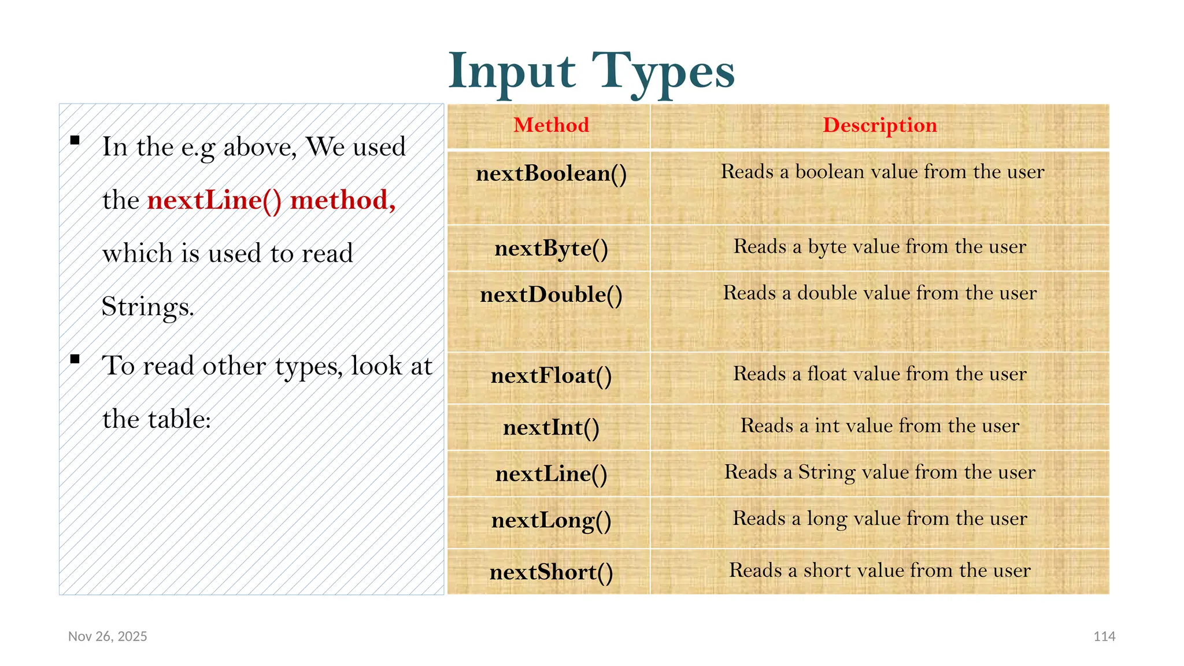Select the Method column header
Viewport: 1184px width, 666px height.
coord(551,125)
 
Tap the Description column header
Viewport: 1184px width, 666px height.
coord(879,125)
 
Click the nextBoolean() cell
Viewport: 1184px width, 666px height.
coord(551,173)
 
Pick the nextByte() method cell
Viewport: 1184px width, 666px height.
coord(551,248)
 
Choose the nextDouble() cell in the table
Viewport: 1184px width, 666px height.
coord(551,294)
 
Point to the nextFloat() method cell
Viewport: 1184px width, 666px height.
coord(551,375)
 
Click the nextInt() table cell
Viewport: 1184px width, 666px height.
coord(551,427)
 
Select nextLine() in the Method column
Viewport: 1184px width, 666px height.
coord(551,473)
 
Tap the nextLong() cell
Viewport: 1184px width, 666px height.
coord(551,520)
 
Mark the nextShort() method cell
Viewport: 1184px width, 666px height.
coord(551,572)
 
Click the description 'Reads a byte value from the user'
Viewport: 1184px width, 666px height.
coord(879,246)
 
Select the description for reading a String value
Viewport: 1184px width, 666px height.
coord(879,472)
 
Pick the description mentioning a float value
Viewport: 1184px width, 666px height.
coord(879,373)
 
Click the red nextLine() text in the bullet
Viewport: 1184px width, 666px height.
coord(214,200)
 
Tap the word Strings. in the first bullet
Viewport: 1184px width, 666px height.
coord(147,306)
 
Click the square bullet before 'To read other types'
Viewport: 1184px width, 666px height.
coord(75,359)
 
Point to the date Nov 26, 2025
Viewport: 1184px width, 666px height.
coord(108,636)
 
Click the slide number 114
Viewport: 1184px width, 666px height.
coord(1104,636)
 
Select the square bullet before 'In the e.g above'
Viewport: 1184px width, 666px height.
coord(75,140)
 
